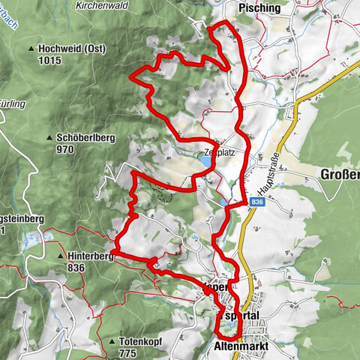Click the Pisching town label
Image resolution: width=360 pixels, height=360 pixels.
tap(259, 8)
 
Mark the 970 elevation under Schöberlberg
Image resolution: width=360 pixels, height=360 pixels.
tap(65, 149)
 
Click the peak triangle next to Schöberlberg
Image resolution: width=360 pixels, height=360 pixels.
tap(49, 139)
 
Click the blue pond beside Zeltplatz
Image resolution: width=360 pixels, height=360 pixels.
tap(205, 160)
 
